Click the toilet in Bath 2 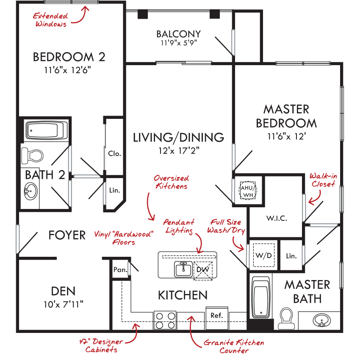(32, 156)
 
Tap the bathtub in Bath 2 (47, 130)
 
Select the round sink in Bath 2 (30, 191)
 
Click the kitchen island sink (183, 269)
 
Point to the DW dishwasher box (203, 270)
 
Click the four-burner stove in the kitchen (165, 321)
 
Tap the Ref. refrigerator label (216, 316)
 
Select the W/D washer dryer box (264, 255)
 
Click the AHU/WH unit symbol (248, 190)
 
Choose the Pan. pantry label (120, 269)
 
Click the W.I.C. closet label (277, 218)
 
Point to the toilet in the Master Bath (286, 318)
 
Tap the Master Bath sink (322, 320)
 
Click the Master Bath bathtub (261, 297)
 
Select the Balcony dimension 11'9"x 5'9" (179, 43)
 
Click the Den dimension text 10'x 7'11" (64, 305)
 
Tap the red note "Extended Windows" (50, 20)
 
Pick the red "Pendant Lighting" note (179, 226)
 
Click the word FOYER (67, 235)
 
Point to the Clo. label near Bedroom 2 (114, 154)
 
